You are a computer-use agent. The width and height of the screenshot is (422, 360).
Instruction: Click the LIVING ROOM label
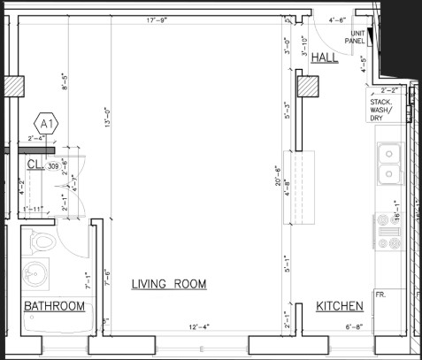tap(168, 284)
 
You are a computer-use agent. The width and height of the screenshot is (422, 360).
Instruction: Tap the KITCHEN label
tap(340, 307)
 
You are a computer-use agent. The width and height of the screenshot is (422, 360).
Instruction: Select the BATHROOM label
tap(54, 307)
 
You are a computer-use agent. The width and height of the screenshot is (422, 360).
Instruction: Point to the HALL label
tap(326, 57)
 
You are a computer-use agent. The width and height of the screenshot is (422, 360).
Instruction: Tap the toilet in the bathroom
tap(41, 241)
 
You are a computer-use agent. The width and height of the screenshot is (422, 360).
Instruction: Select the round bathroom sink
tap(35, 274)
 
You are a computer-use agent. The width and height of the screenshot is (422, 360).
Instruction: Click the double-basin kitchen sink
tap(389, 163)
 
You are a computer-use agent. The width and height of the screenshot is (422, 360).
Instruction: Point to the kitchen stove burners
tap(388, 232)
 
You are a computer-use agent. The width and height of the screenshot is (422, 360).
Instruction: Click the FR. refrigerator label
tap(381, 294)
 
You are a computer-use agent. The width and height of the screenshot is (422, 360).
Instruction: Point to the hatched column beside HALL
tap(308, 88)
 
